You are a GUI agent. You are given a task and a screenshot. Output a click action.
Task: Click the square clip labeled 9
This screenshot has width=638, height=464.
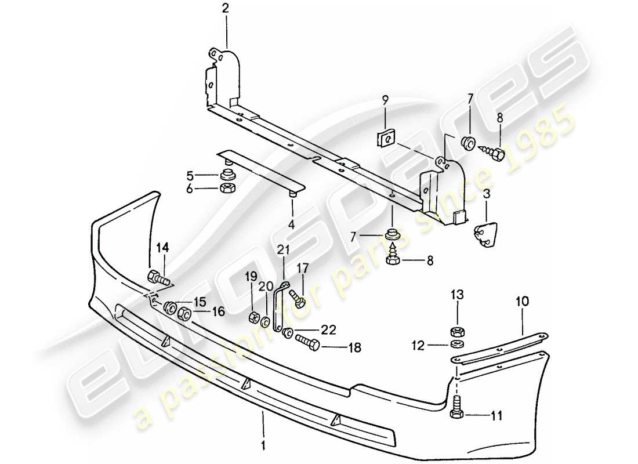385,139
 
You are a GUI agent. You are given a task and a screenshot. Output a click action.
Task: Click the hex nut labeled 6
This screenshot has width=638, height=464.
227,188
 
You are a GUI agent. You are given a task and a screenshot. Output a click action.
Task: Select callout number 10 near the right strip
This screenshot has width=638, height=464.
523,301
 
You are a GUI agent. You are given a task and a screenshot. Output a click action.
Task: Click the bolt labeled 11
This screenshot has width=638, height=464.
456,408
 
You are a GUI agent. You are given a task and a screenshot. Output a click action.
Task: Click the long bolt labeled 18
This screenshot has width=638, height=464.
308,345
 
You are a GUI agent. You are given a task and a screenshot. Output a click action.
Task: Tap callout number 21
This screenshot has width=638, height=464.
282,251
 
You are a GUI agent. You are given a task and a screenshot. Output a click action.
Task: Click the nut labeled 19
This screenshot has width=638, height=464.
253,317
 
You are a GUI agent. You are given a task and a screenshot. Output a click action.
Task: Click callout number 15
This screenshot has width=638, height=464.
199,302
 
